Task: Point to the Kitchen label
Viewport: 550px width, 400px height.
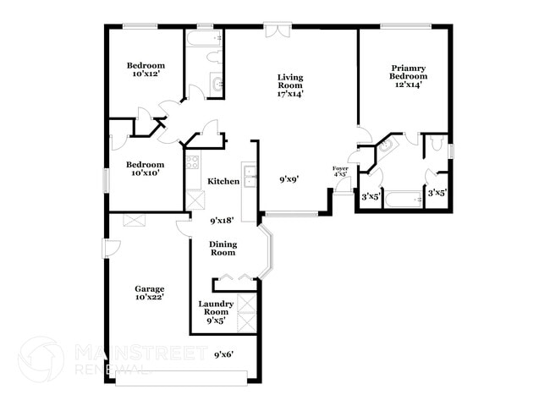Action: click(223, 181)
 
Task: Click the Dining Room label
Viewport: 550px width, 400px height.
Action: click(223, 248)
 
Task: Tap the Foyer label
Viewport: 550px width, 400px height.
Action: click(340, 169)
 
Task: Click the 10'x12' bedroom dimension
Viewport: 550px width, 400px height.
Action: click(146, 74)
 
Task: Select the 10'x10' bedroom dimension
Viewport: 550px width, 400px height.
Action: click(146, 173)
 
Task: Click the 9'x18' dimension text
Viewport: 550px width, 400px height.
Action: click(223, 220)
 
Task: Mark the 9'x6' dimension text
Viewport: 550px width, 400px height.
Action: click(223, 353)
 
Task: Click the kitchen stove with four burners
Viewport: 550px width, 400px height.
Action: click(192, 161)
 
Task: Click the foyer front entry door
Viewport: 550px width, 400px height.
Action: click(342, 185)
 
